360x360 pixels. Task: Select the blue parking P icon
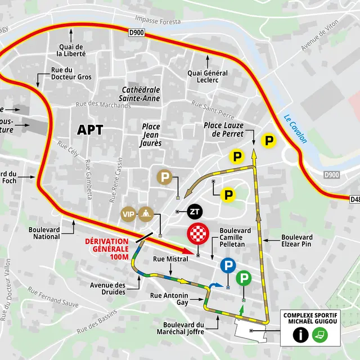(228, 265)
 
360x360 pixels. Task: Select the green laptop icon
(320, 335)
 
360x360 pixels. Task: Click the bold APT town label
(90, 130)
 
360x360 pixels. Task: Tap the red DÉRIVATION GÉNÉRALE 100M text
(107, 249)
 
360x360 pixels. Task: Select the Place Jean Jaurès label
(152, 135)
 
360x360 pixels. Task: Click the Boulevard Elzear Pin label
(297, 240)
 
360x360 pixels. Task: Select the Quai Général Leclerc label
(208, 77)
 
